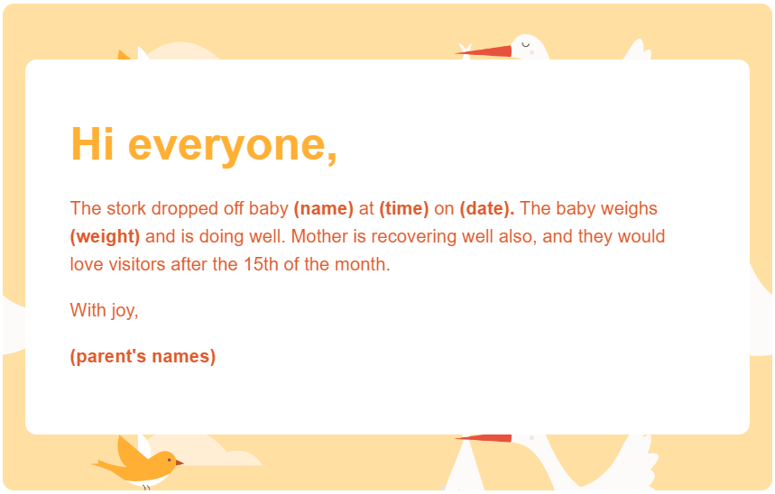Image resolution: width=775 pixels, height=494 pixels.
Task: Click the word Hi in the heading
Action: coord(93,144)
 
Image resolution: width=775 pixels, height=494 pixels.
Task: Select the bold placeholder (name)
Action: coord(324,209)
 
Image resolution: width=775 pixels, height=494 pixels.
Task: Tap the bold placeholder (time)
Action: coord(404,209)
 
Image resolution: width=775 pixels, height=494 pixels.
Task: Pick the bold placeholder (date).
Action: coord(487,209)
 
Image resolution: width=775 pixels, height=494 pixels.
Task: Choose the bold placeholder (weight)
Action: coord(105,237)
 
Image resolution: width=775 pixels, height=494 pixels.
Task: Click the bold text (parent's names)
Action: coord(143,356)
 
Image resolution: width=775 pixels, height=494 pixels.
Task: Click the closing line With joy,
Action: coord(105,311)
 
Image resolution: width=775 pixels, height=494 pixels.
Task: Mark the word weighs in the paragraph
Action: coord(631,209)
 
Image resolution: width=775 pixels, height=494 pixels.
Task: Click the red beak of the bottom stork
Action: coord(484,438)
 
